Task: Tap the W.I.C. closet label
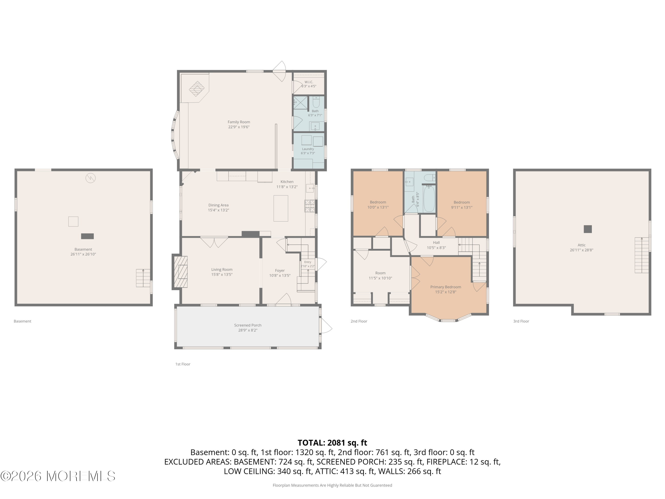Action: point(309,82)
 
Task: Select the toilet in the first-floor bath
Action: point(316,102)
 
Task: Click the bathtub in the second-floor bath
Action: point(429,198)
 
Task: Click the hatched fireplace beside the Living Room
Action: point(181,272)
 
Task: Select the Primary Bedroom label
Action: point(446,287)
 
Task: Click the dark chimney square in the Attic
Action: point(588,229)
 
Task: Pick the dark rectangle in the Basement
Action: point(88,236)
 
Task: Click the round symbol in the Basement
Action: point(90,178)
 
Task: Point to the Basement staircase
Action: point(143,278)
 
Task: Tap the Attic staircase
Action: point(642,255)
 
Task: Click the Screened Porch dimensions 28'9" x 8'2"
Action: point(248,330)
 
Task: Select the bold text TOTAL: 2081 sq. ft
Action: point(332,443)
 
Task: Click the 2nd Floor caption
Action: point(359,321)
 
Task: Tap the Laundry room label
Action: point(308,149)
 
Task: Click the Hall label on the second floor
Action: point(436,243)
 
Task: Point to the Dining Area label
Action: point(218,205)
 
